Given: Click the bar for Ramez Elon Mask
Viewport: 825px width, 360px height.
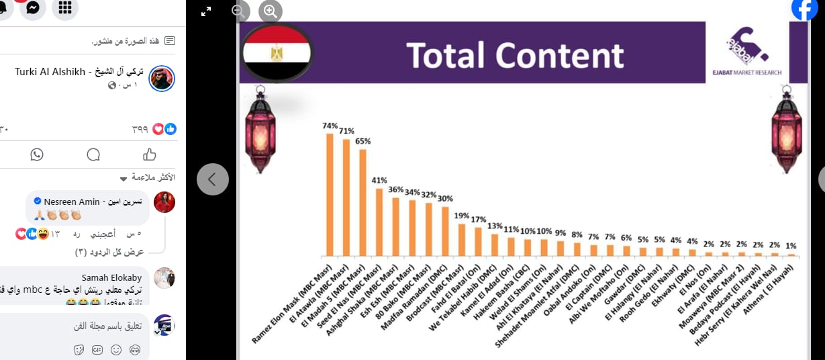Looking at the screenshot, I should click(330, 195).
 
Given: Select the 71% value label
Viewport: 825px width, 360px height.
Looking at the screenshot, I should click(346, 131).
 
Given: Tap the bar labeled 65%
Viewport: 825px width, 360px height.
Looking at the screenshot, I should click(362, 202).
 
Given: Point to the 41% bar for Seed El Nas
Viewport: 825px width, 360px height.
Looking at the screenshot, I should click(379, 222).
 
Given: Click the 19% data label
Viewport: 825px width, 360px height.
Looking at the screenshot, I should click(462, 216).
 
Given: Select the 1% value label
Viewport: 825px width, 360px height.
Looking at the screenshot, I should click(791, 246).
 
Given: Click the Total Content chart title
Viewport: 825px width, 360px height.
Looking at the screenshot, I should click(515, 55).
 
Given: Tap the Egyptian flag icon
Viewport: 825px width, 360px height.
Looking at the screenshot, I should click(276, 52).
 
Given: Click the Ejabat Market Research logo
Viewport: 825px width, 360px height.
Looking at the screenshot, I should click(746, 52).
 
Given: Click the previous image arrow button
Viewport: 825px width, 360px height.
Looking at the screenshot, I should click(213, 179).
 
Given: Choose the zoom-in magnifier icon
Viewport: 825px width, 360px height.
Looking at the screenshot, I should click(270, 11).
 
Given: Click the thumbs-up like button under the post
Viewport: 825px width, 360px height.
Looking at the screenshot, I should click(149, 154).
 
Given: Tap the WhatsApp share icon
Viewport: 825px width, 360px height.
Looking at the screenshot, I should click(37, 154).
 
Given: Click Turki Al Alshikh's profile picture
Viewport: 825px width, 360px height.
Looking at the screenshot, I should click(161, 79).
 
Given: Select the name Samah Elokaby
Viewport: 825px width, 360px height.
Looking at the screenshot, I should click(112, 277).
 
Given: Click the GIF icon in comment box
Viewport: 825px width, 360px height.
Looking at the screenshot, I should click(97, 350).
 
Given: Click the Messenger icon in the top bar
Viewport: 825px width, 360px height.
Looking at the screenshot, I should click(33, 7).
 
